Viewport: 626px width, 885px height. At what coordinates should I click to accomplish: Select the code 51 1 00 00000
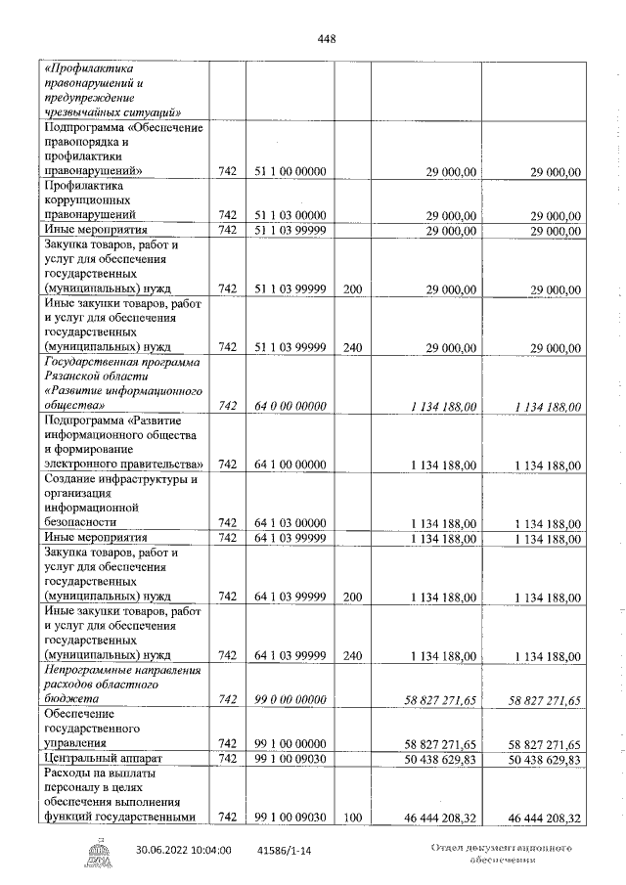click(290, 172)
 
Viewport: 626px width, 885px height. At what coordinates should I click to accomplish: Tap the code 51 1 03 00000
click(290, 215)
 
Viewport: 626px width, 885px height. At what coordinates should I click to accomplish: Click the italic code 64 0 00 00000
click(290, 407)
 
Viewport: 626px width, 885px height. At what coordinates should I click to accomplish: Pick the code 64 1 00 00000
click(290, 465)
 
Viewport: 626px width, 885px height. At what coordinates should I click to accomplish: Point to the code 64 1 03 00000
click(290, 523)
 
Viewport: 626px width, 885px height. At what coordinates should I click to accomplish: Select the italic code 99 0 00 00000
click(290, 700)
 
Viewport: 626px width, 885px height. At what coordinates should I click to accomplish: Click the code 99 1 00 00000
click(290, 744)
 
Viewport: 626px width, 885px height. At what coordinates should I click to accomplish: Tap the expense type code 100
click(352, 818)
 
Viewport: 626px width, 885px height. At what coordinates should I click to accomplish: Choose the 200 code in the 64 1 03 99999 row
click(352, 597)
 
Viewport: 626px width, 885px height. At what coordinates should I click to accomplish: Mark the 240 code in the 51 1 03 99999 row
click(352, 347)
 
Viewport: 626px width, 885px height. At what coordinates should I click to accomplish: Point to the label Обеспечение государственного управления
click(96, 730)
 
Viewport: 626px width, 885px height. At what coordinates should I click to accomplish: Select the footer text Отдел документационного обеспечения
click(501, 854)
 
